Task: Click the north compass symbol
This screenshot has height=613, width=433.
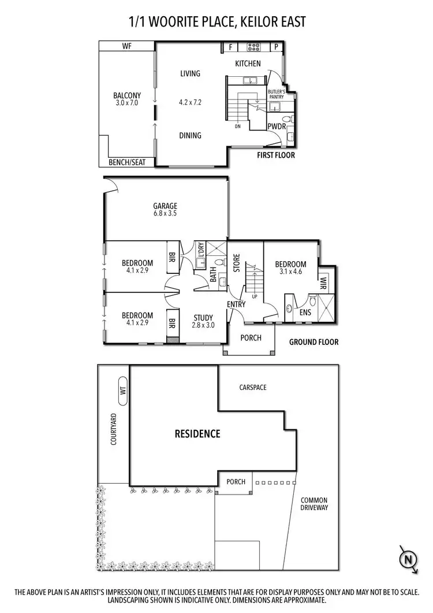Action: pos(409,559)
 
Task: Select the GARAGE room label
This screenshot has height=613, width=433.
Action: pos(165,206)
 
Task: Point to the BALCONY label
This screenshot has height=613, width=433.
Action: pos(127,96)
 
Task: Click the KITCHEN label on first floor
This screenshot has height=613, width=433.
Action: pos(248,64)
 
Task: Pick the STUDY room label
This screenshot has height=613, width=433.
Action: pos(203,317)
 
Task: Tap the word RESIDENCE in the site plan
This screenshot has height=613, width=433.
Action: pos(197,433)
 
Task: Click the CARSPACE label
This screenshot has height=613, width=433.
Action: pos(253,388)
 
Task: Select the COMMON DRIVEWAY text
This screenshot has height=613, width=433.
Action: pos(314,504)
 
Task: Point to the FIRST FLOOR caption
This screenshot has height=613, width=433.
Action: pos(276,155)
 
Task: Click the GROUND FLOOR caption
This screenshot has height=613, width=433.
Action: pos(314,342)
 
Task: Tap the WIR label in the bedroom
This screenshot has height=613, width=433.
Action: pos(323,284)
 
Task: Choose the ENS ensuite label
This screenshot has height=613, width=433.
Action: pos(305,313)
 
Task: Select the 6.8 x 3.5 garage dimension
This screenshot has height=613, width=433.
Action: pos(165,214)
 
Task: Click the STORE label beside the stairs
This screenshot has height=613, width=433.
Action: pos(236,263)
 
